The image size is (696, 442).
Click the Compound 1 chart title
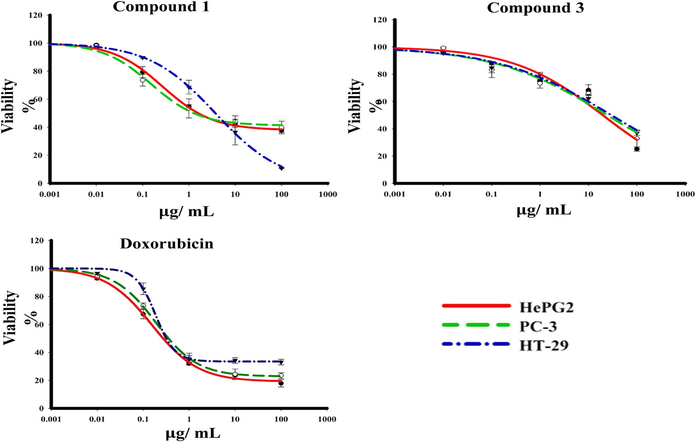[x=161, y=7]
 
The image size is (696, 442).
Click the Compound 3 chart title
[x=535, y=8]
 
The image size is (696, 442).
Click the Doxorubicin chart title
[x=166, y=243]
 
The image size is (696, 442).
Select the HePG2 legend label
[x=546, y=307]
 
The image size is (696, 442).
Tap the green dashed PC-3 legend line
[x=476, y=325]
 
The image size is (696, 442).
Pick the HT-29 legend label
[x=544, y=345]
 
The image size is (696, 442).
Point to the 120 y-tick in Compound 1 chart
[x=35, y=15]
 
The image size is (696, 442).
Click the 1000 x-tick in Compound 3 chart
[x=685, y=194]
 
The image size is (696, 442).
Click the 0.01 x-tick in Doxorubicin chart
[x=97, y=419]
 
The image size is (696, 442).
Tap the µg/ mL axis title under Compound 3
[x=544, y=210]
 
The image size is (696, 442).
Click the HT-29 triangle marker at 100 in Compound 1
[x=281, y=168]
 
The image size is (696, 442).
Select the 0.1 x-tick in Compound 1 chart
[x=142, y=194]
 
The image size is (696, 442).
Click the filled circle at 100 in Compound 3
[x=637, y=149]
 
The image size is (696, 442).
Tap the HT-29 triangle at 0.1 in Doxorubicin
[x=143, y=289]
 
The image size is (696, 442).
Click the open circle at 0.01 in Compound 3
[x=443, y=48]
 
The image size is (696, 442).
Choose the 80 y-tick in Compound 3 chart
[x=382, y=74]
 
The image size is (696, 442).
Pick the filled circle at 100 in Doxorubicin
[x=281, y=384]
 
